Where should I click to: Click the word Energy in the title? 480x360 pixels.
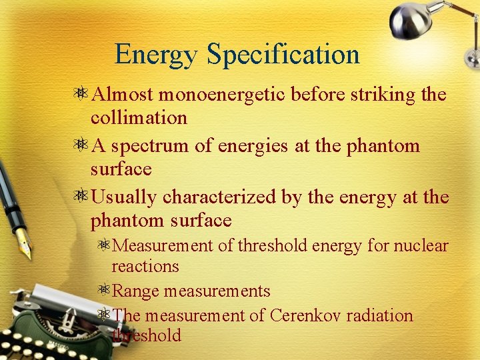coord(157,55)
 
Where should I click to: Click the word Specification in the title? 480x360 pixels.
coord(283,55)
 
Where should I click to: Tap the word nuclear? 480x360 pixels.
coord(421,246)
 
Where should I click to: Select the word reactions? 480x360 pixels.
coord(145,267)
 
